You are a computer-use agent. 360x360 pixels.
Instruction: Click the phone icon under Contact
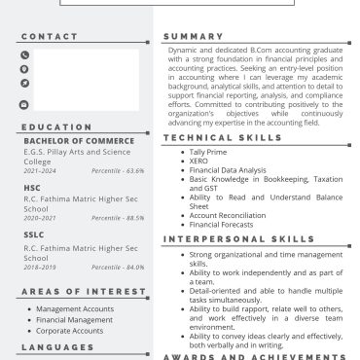[24, 55]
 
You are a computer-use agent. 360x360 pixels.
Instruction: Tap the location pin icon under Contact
[24, 70]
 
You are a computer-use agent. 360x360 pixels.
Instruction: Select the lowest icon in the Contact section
[24, 104]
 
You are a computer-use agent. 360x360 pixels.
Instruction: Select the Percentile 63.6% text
[118, 170]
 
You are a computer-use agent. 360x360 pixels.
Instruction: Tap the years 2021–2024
[40, 170]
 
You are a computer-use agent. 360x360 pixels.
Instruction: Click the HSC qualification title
[32, 188]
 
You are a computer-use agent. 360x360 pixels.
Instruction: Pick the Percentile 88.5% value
[118, 218]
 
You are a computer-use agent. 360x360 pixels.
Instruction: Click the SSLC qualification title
[34, 234]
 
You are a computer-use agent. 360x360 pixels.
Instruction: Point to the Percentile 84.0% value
[118, 267]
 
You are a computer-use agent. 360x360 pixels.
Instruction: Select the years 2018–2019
[40, 267]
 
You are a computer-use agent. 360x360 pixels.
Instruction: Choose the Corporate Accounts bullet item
[69, 331]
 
